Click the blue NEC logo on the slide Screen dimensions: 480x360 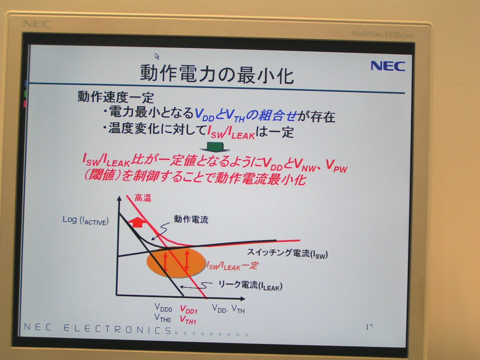[388, 66]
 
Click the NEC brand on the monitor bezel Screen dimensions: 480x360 [37, 24]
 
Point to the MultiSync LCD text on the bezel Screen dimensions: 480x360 [383, 34]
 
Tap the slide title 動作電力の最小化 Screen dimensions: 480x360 [217, 74]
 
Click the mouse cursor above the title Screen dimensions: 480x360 [157, 56]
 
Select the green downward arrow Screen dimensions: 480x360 [215, 147]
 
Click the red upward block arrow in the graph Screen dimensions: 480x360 [138, 222]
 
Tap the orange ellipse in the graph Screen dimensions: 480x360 [176, 262]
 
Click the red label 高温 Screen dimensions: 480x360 [143, 198]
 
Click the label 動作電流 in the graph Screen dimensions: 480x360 [191, 219]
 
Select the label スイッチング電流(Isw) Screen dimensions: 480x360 [287, 253]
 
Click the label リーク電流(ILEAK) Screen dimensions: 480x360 [250, 285]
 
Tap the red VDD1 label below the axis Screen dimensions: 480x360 [189, 309]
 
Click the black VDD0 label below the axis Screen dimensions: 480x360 [163, 307]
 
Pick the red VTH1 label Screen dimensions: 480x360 [188, 320]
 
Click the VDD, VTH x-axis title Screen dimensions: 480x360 [228, 309]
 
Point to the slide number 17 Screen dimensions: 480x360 [369, 327]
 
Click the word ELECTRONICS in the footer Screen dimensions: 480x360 [117, 329]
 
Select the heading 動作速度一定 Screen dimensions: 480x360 [116, 97]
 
